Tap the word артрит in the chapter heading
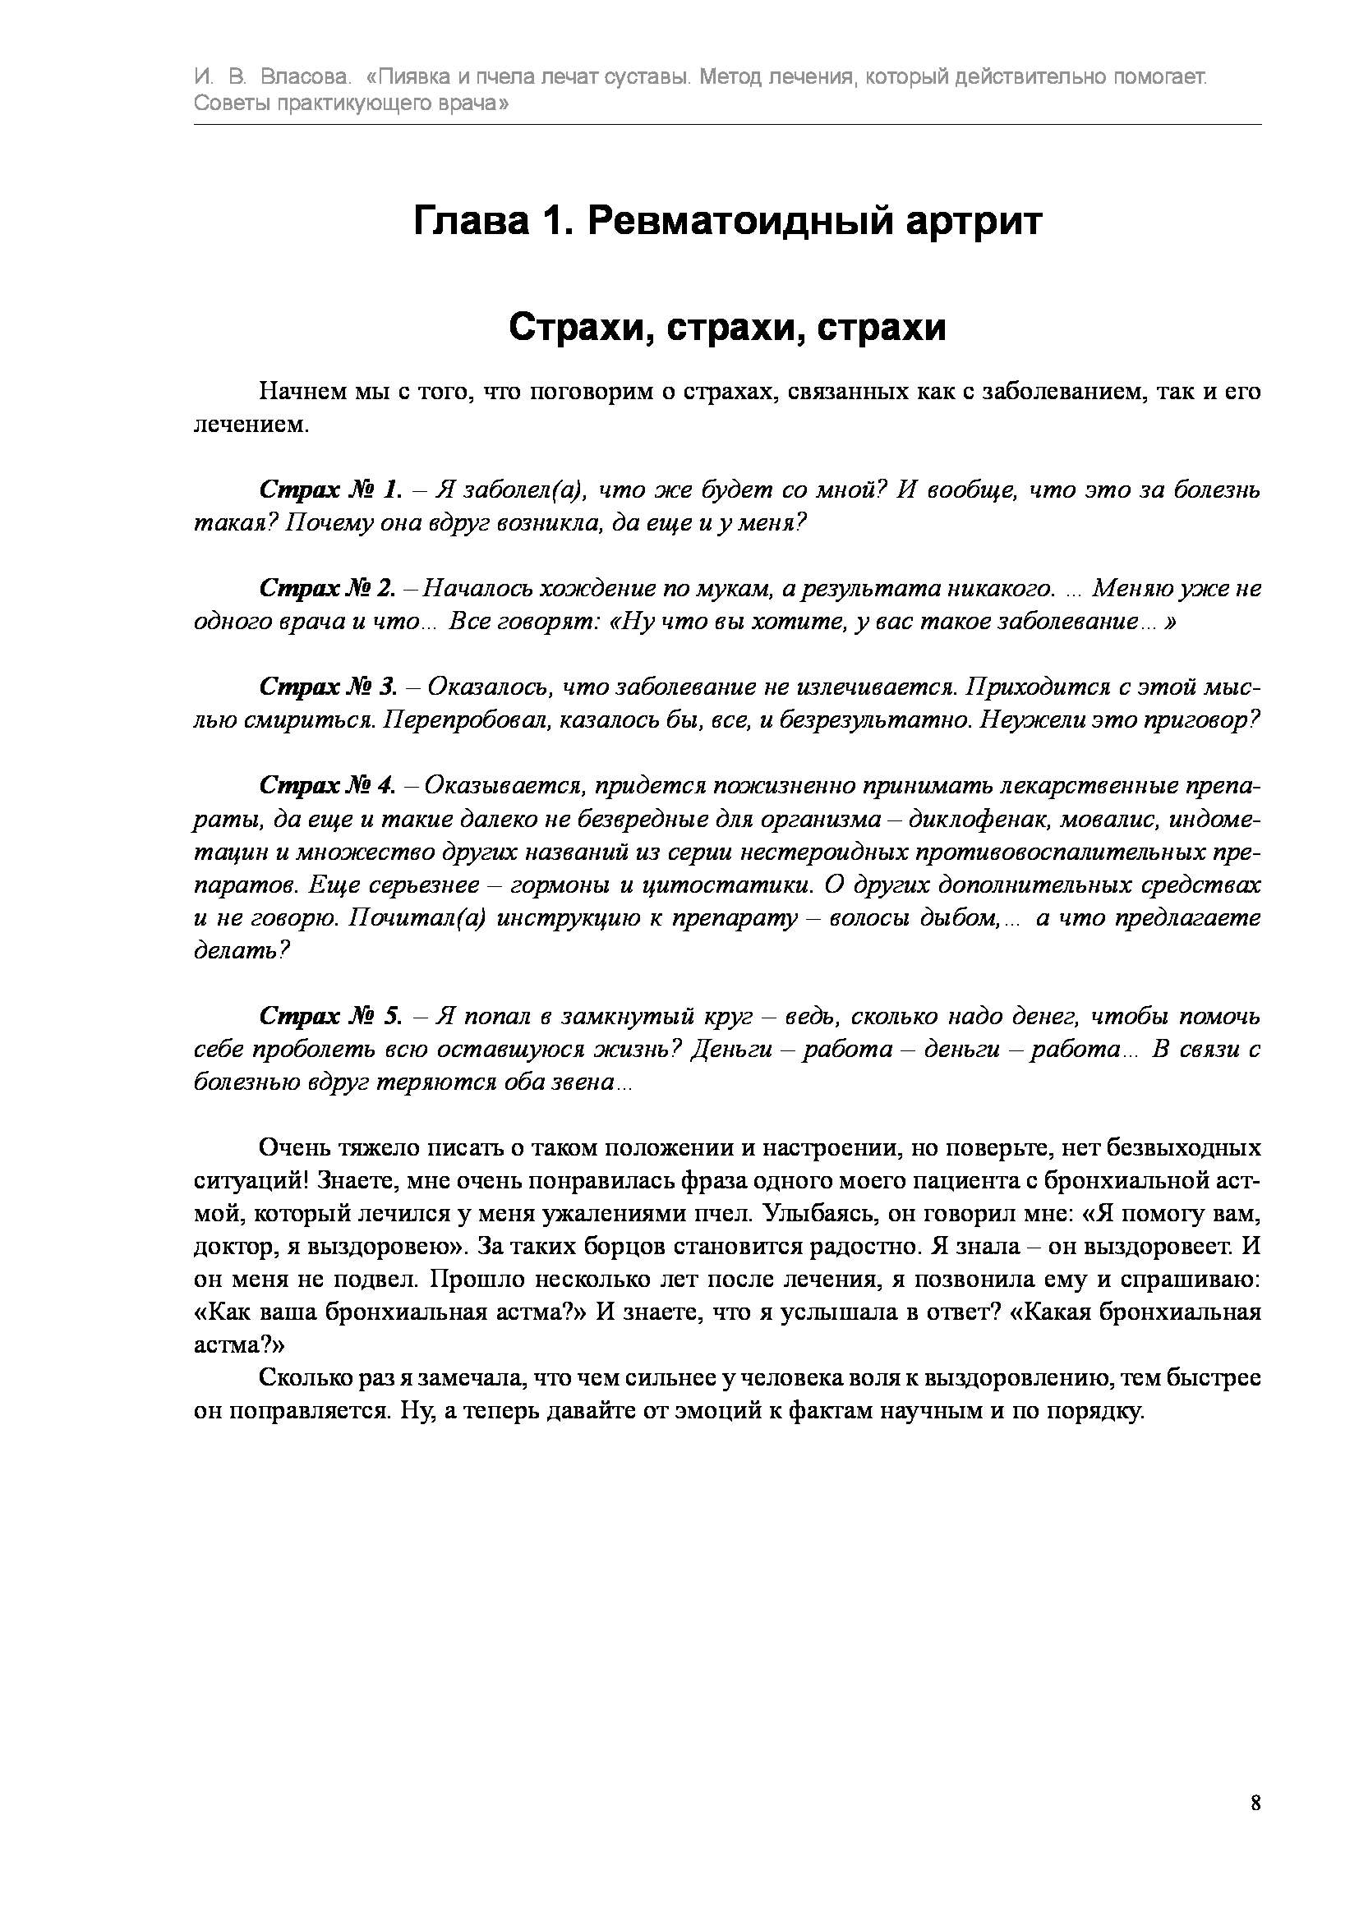click(x=970, y=222)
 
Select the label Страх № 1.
click(x=331, y=489)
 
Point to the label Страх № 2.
click(x=328, y=588)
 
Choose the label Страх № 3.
click(x=329, y=687)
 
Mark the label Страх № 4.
click(x=327, y=786)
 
